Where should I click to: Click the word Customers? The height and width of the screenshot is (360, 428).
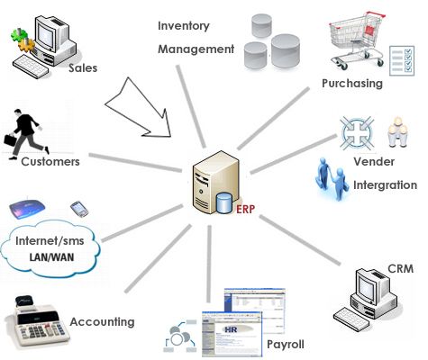(50, 162)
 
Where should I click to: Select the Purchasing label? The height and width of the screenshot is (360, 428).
(351, 84)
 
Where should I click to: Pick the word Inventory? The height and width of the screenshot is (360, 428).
(187, 23)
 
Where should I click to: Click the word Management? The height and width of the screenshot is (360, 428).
(195, 48)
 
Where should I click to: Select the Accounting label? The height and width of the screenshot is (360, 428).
(102, 321)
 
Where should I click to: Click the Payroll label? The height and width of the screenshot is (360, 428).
(285, 344)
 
